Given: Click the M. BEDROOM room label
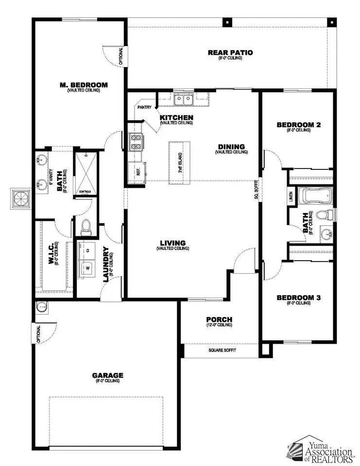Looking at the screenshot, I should pos(84,85).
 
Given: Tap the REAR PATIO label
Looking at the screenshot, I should pos(230,52).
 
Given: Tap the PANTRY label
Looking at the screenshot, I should pos(145,107).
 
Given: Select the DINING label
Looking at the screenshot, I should pos(231,147).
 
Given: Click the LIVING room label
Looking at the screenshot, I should pos(172,243).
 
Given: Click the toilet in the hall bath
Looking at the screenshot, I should pos(325,214).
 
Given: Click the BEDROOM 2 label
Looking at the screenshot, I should pos(298,125).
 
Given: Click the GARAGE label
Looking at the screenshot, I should pos(107,375).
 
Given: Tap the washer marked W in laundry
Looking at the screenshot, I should pos(87,267).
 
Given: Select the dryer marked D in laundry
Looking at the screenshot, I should pos(87,250).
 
